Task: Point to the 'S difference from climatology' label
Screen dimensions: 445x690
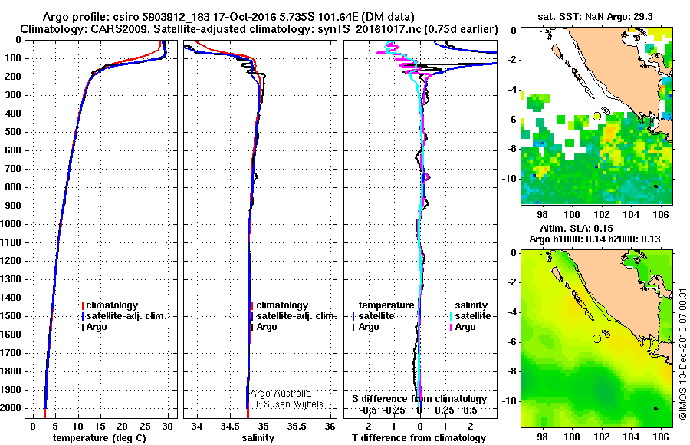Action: click(x=419, y=399)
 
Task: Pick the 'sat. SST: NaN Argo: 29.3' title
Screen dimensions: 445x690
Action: click(x=597, y=15)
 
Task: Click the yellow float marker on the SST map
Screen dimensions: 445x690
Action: click(x=597, y=116)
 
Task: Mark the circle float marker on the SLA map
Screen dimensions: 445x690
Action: click(x=597, y=338)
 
